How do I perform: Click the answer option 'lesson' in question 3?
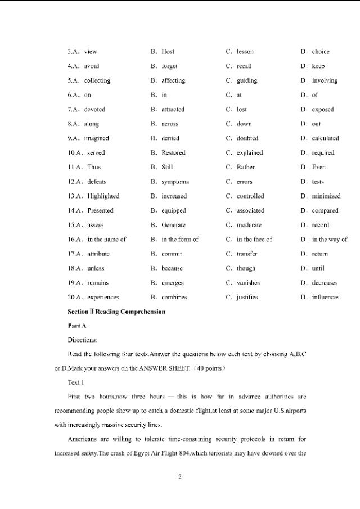[245, 52]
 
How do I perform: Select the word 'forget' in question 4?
[169, 66]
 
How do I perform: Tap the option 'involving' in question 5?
[325, 80]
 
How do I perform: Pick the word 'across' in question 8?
[170, 124]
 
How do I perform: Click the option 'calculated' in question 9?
[325, 138]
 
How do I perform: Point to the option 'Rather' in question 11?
[246, 167]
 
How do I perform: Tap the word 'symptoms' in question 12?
[175, 182]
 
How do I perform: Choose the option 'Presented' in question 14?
[100, 211]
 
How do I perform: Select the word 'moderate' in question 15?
[249, 225]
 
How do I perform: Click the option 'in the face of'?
[254, 240]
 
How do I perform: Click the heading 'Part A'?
[76, 326]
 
